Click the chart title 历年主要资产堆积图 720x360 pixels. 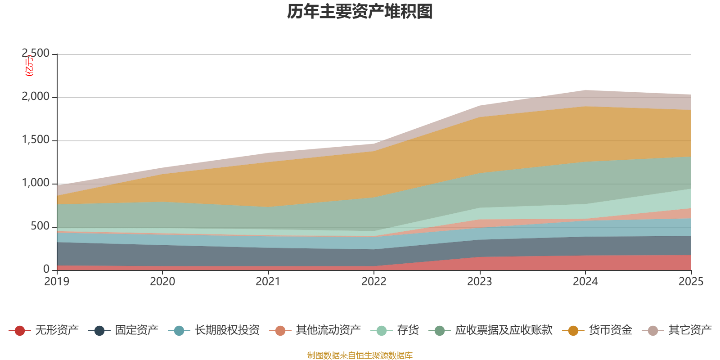[x=360, y=12]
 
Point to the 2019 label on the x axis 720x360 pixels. [x=57, y=282]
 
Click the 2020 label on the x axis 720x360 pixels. [x=162, y=282]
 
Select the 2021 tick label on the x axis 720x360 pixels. [x=268, y=282]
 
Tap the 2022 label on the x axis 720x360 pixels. [x=374, y=282]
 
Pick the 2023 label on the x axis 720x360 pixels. [x=480, y=282]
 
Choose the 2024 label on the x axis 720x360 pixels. [x=585, y=282]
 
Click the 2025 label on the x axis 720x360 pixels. [x=691, y=282]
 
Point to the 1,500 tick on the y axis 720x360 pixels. [x=36, y=140]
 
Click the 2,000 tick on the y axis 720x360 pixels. [x=36, y=97]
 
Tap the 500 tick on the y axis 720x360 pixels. [x=40, y=226]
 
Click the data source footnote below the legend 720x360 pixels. [x=360, y=355]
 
